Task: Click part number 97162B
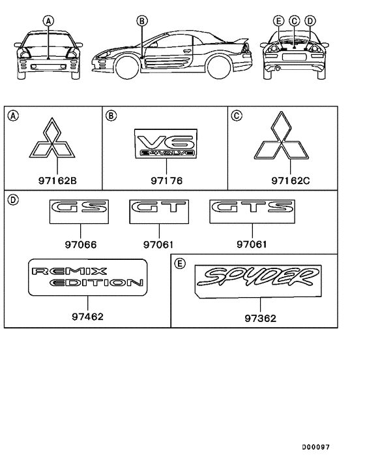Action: tap(57, 180)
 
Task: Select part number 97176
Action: tap(167, 180)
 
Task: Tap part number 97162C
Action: tap(291, 180)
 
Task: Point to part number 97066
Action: tap(81, 245)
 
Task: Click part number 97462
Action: tap(88, 317)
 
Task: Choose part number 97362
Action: tap(261, 319)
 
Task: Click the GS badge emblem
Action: tap(79, 212)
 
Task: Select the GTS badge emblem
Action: tap(252, 212)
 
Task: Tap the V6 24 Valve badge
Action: tap(166, 144)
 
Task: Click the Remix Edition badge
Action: tap(88, 278)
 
